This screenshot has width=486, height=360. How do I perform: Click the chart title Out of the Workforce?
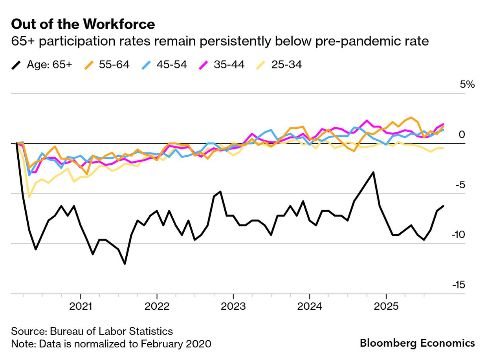point(83,24)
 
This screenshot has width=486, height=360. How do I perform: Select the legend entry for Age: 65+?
point(41,65)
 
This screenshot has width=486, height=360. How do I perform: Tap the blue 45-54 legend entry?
point(164,65)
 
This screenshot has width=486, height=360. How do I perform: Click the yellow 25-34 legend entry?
point(279,65)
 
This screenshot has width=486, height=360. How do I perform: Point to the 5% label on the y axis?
point(468,84)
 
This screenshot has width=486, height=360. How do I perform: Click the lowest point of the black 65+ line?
point(125,264)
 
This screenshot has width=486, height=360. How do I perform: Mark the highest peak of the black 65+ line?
point(373,172)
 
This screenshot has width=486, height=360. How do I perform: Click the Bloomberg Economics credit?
point(417,343)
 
